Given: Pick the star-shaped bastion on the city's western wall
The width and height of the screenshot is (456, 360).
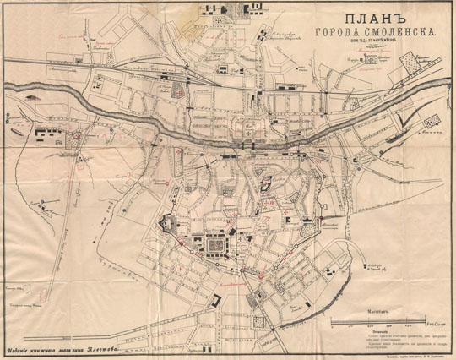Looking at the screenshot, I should coord(166,224).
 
